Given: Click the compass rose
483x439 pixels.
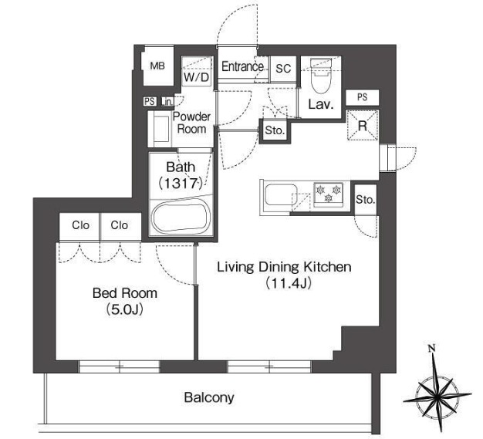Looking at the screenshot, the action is tap(437, 393).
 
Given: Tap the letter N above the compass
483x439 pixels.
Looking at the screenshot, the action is tap(432, 349).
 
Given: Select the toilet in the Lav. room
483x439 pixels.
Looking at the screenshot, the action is tap(321, 76).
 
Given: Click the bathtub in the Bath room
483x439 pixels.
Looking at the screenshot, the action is tap(181, 216).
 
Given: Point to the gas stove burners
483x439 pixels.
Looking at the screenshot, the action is tap(329, 194).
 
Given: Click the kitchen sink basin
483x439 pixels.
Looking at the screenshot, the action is tap(281, 194).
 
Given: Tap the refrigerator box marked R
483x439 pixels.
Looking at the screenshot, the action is tap(363, 126).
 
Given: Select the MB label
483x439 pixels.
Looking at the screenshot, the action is tap(157, 66).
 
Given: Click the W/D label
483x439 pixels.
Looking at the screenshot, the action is tap(197, 77).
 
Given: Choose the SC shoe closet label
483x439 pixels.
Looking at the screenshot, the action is tap(283, 69).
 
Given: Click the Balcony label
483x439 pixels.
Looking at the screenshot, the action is tap(209, 397).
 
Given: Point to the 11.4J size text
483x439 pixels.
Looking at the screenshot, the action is tap(289, 283).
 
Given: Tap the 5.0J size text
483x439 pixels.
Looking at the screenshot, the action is tap(125, 309).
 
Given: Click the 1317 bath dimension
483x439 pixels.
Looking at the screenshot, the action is tap(181, 184).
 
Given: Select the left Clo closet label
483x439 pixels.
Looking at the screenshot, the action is tap(80, 225).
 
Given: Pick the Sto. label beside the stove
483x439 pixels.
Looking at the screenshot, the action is tap(365, 200).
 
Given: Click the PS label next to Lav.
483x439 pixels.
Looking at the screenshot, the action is tap(363, 97).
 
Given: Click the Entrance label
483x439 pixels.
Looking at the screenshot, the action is tap(242, 66).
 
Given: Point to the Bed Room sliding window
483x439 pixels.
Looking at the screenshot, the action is tap(120, 366).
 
